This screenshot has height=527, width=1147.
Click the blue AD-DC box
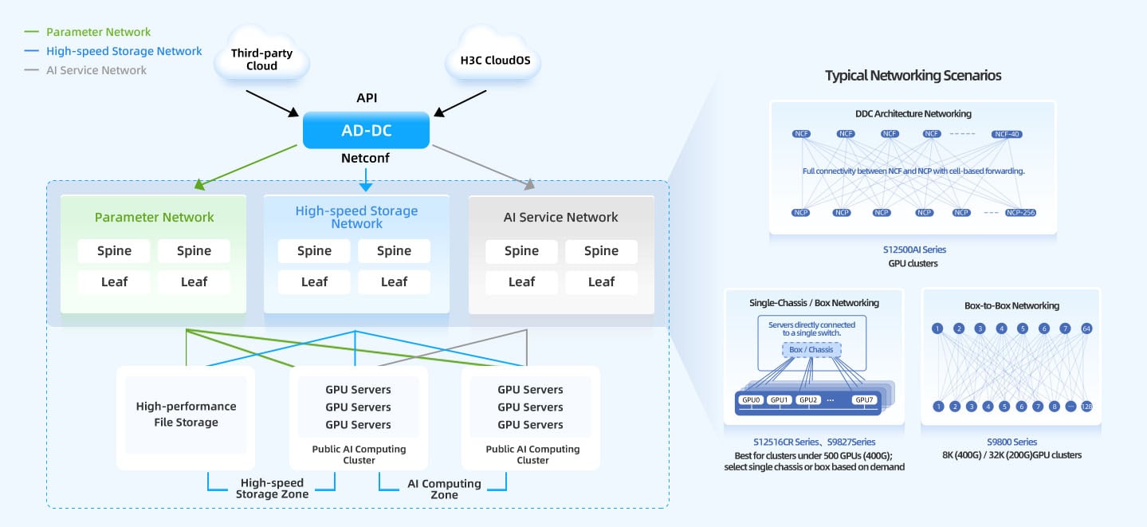click(366, 130)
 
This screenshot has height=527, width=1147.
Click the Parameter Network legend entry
click(98, 32)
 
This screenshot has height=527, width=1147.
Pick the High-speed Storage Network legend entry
click(124, 51)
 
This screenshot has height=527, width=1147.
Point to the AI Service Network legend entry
click(96, 70)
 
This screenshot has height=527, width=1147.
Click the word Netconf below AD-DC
click(365, 158)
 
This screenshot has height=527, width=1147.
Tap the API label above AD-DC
click(367, 98)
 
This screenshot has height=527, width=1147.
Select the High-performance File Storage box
click(186, 415)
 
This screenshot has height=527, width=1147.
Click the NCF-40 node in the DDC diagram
click(1007, 134)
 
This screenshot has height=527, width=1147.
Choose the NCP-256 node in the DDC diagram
click(1019, 213)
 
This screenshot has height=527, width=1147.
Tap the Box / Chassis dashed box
click(811, 349)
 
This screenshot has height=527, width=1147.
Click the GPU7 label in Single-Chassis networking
click(863, 399)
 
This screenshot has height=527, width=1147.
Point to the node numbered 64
click(1086, 328)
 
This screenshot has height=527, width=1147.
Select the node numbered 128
click(1086, 407)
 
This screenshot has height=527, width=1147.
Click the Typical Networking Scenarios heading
click(913, 76)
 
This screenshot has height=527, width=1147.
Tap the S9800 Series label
click(1011, 442)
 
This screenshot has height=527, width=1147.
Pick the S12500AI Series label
click(913, 250)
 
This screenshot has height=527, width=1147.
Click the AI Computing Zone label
click(444, 489)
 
